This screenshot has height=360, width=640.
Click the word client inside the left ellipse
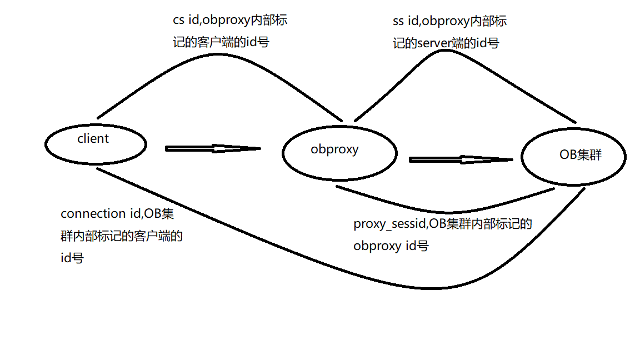click(93, 138)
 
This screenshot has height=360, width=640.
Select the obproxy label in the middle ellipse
click(334, 149)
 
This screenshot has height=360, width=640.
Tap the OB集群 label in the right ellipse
click(580, 155)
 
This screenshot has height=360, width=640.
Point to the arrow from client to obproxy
click(211, 148)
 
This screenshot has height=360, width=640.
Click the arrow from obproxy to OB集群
click(458, 159)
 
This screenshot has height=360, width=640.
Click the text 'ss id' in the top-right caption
click(405, 22)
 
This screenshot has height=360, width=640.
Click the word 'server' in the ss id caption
click(434, 43)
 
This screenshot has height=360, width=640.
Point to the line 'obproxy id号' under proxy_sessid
click(391, 246)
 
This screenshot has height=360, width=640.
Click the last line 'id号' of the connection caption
click(72, 258)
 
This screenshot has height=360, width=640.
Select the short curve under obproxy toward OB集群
click(444, 212)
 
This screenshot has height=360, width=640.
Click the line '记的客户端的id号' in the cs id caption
click(221, 42)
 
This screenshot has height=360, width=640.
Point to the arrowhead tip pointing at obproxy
click(259, 148)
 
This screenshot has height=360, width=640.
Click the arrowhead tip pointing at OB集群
click(511, 159)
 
